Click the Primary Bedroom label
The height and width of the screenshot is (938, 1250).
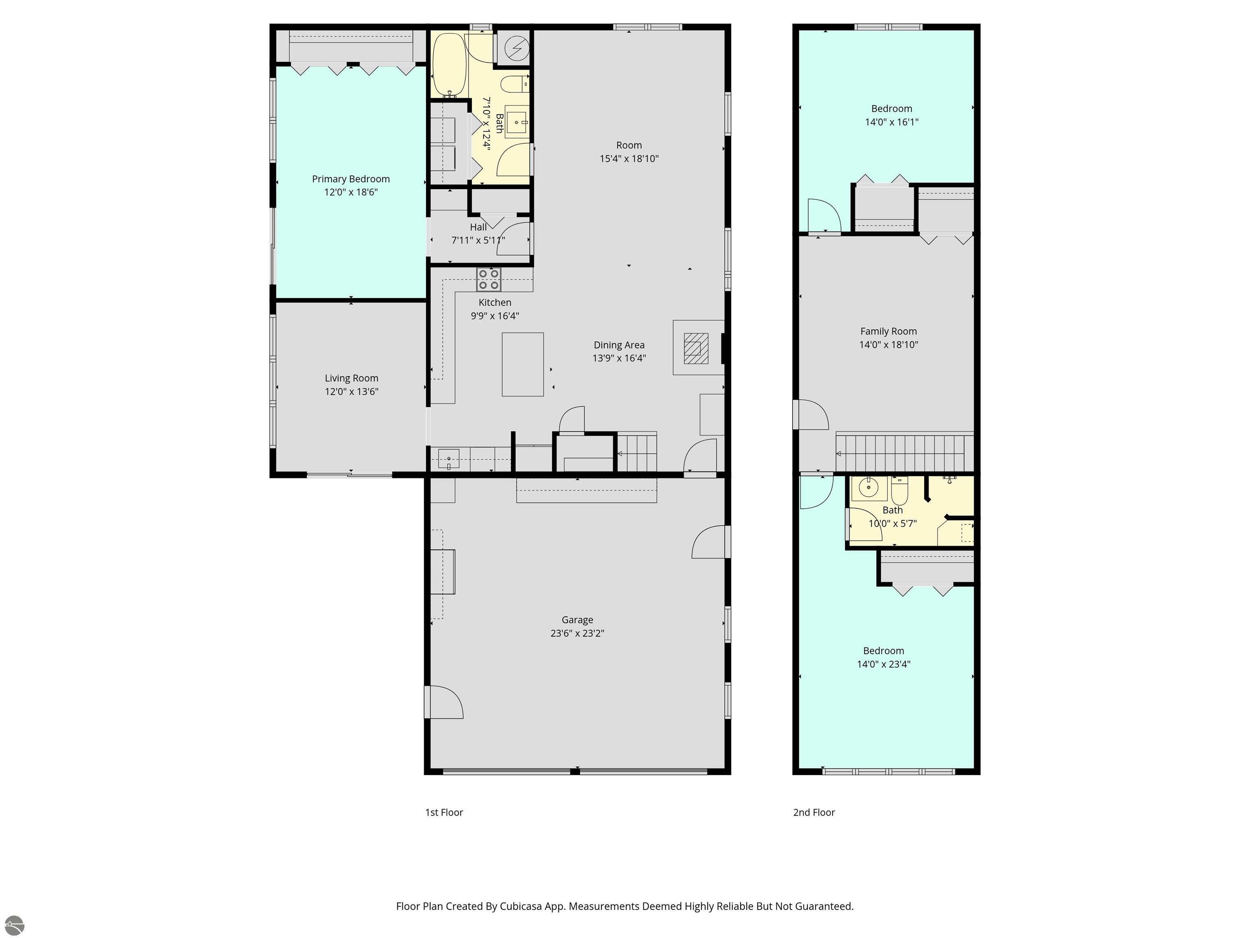click(x=350, y=179)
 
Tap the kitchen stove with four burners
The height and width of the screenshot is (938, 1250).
click(x=489, y=279)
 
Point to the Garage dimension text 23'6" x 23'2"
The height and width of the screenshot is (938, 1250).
click(x=577, y=633)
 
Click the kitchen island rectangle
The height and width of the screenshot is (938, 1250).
click(x=523, y=364)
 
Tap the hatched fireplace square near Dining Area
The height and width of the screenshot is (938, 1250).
click(x=696, y=348)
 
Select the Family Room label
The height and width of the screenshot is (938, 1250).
click(x=888, y=331)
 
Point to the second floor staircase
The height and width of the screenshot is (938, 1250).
click(x=905, y=452)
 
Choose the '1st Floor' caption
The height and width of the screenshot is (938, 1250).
click(x=444, y=813)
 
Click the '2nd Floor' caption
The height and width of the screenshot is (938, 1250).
click(x=814, y=813)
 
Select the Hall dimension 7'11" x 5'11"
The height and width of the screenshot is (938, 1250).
click(x=478, y=240)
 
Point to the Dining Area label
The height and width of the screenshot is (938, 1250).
click(x=619, y=345)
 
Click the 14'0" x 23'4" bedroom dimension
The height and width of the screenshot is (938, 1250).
click(x=883, y=664)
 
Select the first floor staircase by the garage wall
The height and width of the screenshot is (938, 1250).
click(x=636, y=452)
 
